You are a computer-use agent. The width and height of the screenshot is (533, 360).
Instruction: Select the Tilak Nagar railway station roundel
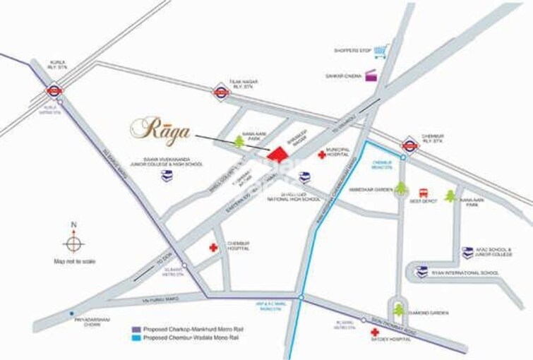(x=222, y=91)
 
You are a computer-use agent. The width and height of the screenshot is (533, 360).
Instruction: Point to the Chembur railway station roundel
(x=408, y=145)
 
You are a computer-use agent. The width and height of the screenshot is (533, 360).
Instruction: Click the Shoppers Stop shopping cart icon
(x=381, y=52)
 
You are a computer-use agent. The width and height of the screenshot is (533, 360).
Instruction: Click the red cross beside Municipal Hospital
(x=322, y=155)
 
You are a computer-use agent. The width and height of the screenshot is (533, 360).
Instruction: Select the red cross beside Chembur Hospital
(x=212, y=248)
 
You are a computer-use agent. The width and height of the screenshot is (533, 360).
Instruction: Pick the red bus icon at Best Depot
(x=424, y=192)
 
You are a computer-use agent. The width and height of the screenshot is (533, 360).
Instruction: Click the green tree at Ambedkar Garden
(x=401, y=188)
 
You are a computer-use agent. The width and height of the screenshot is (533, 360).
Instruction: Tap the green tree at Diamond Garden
(x=400, y=308)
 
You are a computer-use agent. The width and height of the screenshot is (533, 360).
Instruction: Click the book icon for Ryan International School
(x=421, y=272)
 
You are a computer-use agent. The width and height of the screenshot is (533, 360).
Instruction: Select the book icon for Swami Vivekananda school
(x=167, y=176)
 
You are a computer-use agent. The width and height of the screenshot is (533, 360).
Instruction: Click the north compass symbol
(x=73, y=244)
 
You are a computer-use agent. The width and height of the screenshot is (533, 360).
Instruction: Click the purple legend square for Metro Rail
(x=137, y=329)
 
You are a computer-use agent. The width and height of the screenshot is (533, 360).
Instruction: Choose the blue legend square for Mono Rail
(x=137, y=340)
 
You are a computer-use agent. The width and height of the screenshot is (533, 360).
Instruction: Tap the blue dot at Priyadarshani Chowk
(x=71, y=313)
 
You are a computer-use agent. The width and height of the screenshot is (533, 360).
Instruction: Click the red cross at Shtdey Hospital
(x=373, y=332)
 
